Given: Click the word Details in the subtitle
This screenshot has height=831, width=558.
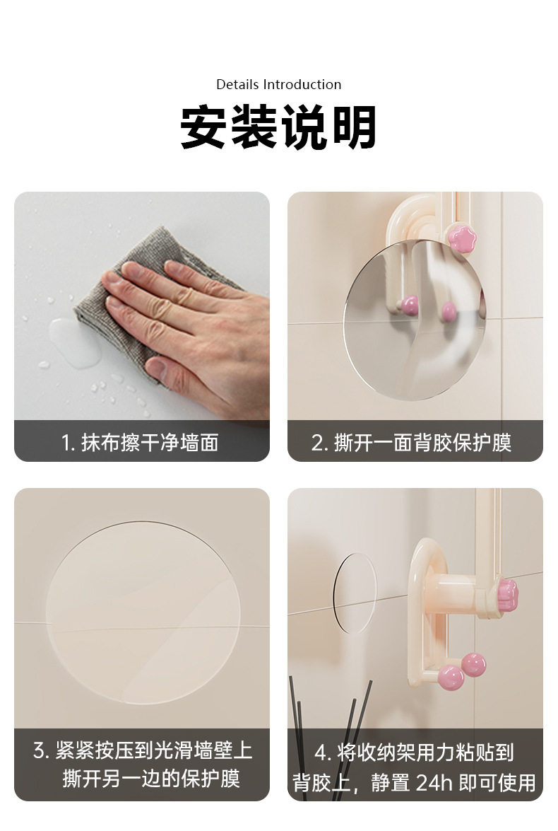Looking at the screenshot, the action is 238,85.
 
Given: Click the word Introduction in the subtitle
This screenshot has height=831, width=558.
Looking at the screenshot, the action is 302,85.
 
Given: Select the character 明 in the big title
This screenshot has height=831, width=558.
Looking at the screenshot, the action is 354,127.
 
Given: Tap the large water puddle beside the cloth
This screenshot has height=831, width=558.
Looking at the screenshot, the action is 75,342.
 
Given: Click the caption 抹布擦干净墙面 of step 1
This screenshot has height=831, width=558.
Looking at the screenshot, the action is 150,443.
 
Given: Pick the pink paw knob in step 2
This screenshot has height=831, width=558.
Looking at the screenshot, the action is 462,238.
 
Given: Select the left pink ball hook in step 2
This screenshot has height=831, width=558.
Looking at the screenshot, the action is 409,306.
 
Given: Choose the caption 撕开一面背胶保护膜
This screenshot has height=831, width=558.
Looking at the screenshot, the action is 422,443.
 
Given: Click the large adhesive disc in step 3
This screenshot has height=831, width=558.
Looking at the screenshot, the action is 143,612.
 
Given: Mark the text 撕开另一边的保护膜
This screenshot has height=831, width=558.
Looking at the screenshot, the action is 151,778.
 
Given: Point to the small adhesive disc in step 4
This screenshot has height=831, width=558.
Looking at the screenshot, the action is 355,593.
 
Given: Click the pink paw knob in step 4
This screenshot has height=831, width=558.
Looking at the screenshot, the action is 506,593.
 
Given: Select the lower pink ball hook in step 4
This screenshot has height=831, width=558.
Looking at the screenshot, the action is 451,678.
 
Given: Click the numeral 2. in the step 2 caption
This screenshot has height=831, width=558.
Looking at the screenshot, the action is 319,443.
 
